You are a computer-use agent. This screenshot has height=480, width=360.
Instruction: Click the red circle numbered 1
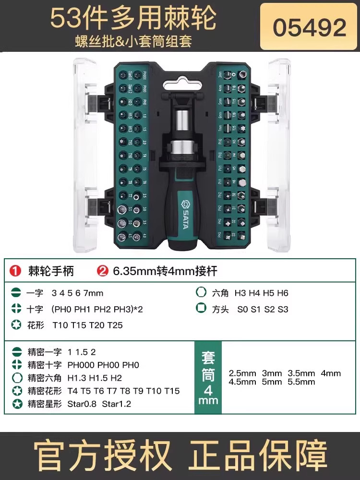click(x=16, y=271)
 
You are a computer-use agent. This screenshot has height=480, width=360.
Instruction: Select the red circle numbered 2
click(x=102, y=271)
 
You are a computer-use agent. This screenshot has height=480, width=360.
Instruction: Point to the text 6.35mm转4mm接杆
click(x=165, y=271)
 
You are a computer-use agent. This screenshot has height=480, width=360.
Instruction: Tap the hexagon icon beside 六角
click(x=201, y=293)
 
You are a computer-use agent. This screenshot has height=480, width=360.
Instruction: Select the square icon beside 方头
click(x=201, y=309)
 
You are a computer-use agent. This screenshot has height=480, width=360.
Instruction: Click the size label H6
click(x=282, y=293)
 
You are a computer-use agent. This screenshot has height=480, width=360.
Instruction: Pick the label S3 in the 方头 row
click(x=283, y=309)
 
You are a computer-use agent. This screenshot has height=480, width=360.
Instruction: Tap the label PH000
click(x=82, y=365)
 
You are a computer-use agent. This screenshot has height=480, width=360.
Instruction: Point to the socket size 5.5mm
click(x=302, y=382)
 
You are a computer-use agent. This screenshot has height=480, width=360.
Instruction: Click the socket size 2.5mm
click(x=242, y=373)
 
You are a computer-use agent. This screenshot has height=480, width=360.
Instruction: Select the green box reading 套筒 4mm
click(x=208, y=377)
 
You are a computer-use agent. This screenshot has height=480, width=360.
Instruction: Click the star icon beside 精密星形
click(x=16, y=404)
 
